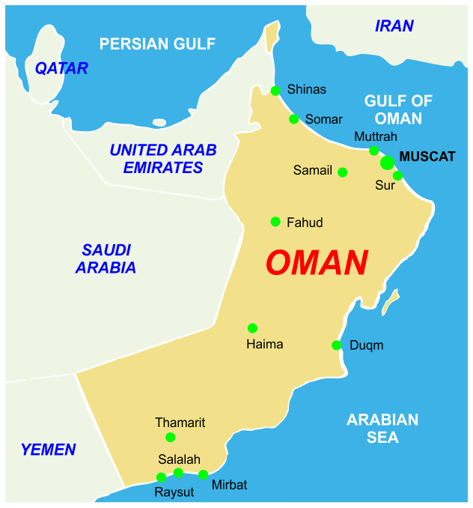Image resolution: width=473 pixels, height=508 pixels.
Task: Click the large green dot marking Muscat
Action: (x=387, y=163)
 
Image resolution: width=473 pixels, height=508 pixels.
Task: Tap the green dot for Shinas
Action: (x=275, y=91)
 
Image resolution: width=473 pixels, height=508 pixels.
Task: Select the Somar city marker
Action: (x=294, y=119)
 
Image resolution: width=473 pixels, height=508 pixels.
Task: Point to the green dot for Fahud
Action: (x=275, y=222)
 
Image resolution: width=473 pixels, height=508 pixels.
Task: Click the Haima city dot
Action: (x=252, y=328)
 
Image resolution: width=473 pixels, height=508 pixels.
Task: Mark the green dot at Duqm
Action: (x=337, y=345)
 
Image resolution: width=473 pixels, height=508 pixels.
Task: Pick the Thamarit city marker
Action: (x=171, y=438)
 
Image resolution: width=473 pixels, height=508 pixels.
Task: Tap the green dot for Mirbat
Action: (x=203, y=474)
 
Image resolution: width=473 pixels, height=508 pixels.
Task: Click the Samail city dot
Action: (x=343, y=172)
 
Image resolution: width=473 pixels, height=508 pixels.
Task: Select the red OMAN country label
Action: (x=317, y=263)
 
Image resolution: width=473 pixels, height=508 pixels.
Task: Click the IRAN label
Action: (x=394, y=26)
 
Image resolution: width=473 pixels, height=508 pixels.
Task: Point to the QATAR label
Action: (x=61, y=68)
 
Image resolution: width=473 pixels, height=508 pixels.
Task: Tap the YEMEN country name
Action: (x=48, y=450)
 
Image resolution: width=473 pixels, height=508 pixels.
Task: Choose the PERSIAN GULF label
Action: (x=157, y=43)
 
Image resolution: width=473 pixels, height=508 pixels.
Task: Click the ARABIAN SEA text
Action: (x=382, y=429)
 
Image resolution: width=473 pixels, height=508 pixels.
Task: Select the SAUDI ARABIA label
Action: (x=106, y=258)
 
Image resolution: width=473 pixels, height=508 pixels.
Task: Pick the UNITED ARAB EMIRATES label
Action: (x=163, y=159)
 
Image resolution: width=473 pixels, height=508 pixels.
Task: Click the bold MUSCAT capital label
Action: (x=427, y=157)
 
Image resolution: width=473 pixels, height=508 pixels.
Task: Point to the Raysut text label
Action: (x=174, y=492)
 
